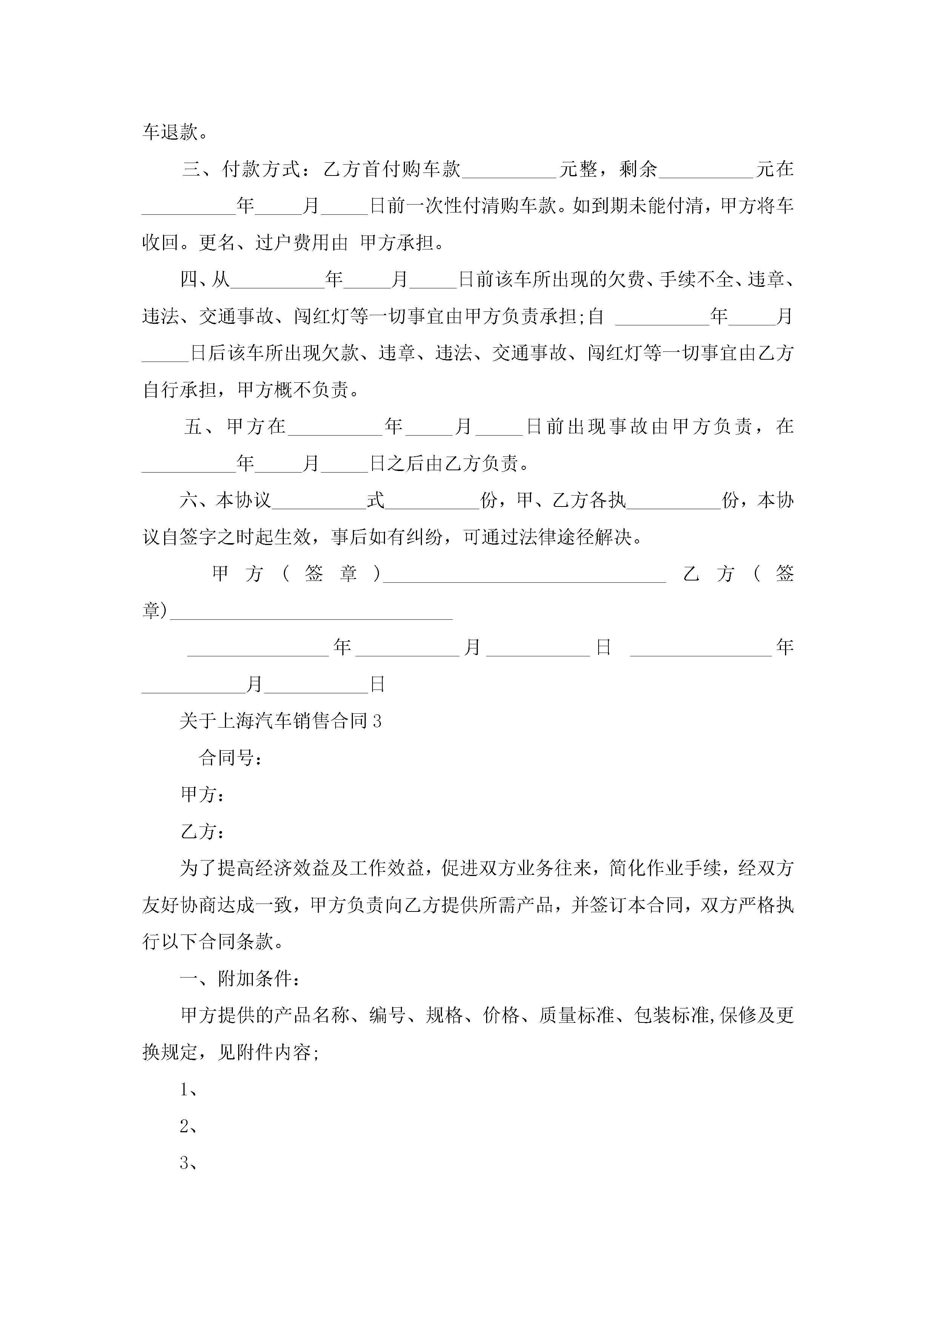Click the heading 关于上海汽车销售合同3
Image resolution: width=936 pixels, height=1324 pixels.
tap(280, 721)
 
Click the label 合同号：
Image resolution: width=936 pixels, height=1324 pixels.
tap(231, 758)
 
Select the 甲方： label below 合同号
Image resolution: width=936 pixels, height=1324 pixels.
tap(202, 794)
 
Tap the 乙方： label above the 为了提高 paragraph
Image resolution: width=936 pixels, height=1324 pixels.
tap(202, 831)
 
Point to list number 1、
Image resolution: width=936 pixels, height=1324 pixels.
tap(189, 1090)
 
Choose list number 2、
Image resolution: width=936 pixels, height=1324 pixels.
tap(189, 1127)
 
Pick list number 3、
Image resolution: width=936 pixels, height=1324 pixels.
tap(189, 1164)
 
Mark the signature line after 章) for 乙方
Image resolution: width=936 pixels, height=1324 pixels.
tap(311, 615)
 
